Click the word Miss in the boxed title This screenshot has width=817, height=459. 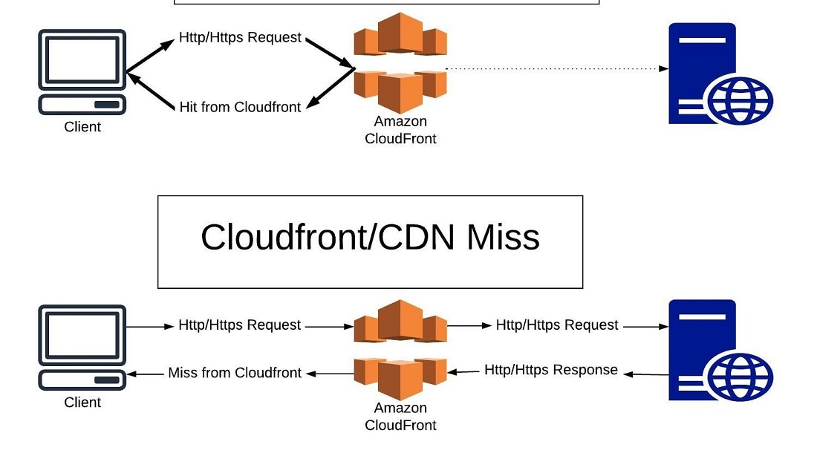pos(503,237)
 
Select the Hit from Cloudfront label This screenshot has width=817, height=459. pos(240,107)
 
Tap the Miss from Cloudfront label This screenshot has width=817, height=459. pos(235,373)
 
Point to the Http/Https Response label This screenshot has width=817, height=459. pos(550,370)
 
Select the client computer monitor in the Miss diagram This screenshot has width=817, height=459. pos(82,333)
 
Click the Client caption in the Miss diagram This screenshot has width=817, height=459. pos(82,403)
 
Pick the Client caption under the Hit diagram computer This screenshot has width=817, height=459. pos(82,127)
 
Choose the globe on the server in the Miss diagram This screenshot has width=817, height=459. pos(740,377)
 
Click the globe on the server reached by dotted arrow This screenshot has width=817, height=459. pos(740,101)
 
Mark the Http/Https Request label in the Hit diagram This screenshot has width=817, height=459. pos(240,37)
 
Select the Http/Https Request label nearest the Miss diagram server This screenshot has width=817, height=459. pos(556,325)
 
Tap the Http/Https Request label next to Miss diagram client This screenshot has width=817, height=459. pos(239,325)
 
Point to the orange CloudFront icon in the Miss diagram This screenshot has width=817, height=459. pos(400,349)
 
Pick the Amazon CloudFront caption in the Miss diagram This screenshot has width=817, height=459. pos(400,417)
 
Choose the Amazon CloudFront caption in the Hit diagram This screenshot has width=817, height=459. pos(400,130)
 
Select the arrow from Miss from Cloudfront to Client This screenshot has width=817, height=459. pos(146,374)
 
